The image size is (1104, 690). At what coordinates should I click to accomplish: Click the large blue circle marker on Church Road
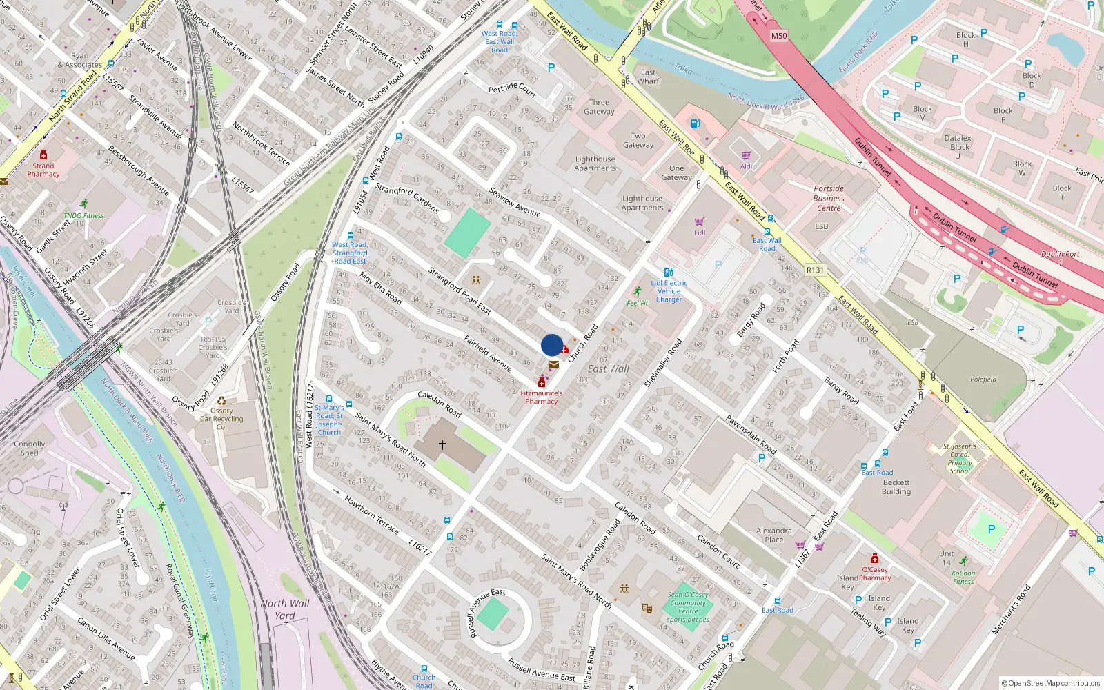552,345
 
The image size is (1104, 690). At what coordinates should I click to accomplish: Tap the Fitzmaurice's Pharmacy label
542,397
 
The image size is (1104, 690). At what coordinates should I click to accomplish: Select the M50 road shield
779,36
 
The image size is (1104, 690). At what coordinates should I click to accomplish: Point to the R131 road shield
815,270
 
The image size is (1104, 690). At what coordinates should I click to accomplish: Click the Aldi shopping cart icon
746,156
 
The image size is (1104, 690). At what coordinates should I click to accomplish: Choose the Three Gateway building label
599,107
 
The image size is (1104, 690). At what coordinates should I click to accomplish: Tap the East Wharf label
648,77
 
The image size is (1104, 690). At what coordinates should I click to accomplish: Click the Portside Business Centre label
829,198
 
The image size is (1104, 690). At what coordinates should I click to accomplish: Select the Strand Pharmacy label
43,170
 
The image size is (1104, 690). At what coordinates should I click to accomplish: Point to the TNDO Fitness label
83,215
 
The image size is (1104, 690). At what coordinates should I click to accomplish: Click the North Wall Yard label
285,609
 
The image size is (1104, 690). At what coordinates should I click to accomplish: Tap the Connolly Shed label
30,448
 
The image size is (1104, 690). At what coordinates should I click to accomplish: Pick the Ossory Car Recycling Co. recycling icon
221,401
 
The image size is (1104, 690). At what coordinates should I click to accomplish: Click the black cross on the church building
442,445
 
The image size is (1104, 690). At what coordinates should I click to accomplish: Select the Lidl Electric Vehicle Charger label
669,291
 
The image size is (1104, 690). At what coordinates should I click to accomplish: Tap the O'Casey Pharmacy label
875,573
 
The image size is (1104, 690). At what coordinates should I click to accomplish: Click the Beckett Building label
896,487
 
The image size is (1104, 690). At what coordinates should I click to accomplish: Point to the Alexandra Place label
773,535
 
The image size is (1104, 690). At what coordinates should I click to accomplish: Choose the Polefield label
983,379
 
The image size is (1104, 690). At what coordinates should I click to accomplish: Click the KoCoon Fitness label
963,577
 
